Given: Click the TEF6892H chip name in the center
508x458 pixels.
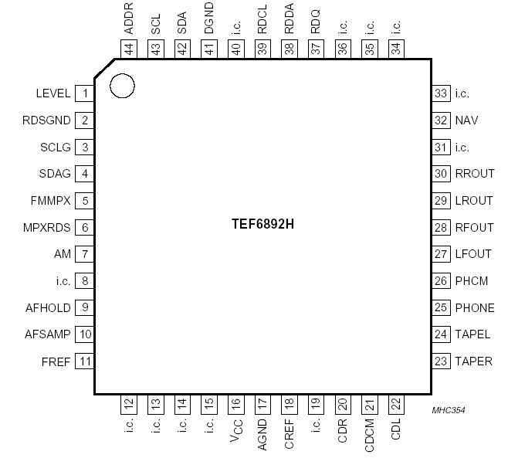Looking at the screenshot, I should pyautogui.click(x=263, y=223).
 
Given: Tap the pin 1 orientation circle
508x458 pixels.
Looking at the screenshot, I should pyautogui.click(x=122, y=86).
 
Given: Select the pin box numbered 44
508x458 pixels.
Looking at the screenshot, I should pyautogui.click(x=128, y=48).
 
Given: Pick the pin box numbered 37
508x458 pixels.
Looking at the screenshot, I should pyautogui.click(x=316, y=48).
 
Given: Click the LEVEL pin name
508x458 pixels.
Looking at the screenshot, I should pyautogui.click(x=53, y=93).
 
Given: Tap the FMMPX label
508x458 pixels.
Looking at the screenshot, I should pyautogui.click(x=50, y=201).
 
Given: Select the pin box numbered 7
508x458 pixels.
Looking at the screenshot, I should pyautogui.click(x=84, y=254).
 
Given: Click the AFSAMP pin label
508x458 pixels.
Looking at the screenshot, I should pyautogui.click(x=48, y=334).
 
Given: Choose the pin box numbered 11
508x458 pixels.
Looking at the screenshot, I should pyautogui.click(x=84, y=361).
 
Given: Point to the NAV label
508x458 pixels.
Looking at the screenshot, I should pyautogui.click(x=466, y=120).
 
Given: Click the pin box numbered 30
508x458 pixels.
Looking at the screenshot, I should pyautogui.click(x=441, y=174).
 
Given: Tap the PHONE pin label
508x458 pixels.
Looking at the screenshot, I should pyautogui.click(x=475, y=307).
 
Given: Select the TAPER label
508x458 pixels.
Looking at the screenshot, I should pyautogui.click(x=473, y=361).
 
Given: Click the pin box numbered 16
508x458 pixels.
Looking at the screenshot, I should pyautogui.click(x=235, y=403).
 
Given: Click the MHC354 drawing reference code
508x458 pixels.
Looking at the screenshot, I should pyautogui.click(x=449, y=410).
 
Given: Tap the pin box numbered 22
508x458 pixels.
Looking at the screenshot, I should pyautogui.click(x=396, y=403).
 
